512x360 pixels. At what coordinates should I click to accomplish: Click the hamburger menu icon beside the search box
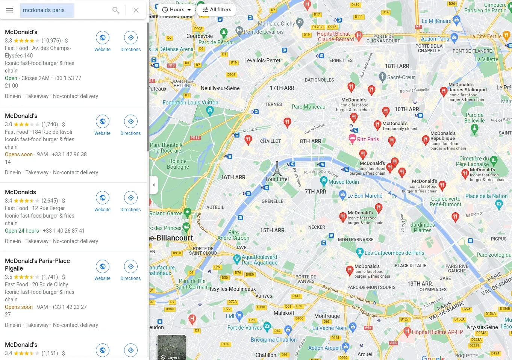click(x=9, y=10)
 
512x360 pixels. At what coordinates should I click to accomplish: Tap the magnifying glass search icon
click(x=116, y=10)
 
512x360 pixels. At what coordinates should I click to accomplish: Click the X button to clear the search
click(x=136, y=10)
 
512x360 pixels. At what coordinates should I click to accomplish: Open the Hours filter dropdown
click(x=177, y=10)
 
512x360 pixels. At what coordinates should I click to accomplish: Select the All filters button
click(x=217, y=10)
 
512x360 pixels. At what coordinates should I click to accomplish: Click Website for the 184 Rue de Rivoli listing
click(x=102, y=125)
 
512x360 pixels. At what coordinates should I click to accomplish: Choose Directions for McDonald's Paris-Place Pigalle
click(x=130, y=270)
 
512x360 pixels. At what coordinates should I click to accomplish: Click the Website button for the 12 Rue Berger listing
click(x=102, y=201)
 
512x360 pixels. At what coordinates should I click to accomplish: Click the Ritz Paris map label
click(x=368, y=139)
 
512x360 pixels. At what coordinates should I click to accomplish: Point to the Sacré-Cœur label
click(x=401, y=77)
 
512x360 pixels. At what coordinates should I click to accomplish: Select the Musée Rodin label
click(x=344, y=182)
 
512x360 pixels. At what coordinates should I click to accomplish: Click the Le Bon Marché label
click(x=364, y=196)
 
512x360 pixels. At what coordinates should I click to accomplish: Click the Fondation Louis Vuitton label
click(x=190, y=103)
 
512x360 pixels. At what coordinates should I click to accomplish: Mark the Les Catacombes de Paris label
click(x=394, y=253)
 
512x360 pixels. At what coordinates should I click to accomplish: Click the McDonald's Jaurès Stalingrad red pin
click(x=444, y=91)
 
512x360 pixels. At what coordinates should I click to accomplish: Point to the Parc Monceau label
click(x=308, y=107)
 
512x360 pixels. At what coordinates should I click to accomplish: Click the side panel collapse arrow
click(x=153, y=185)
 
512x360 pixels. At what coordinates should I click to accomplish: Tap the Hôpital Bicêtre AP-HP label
click(x=437, y=332)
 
